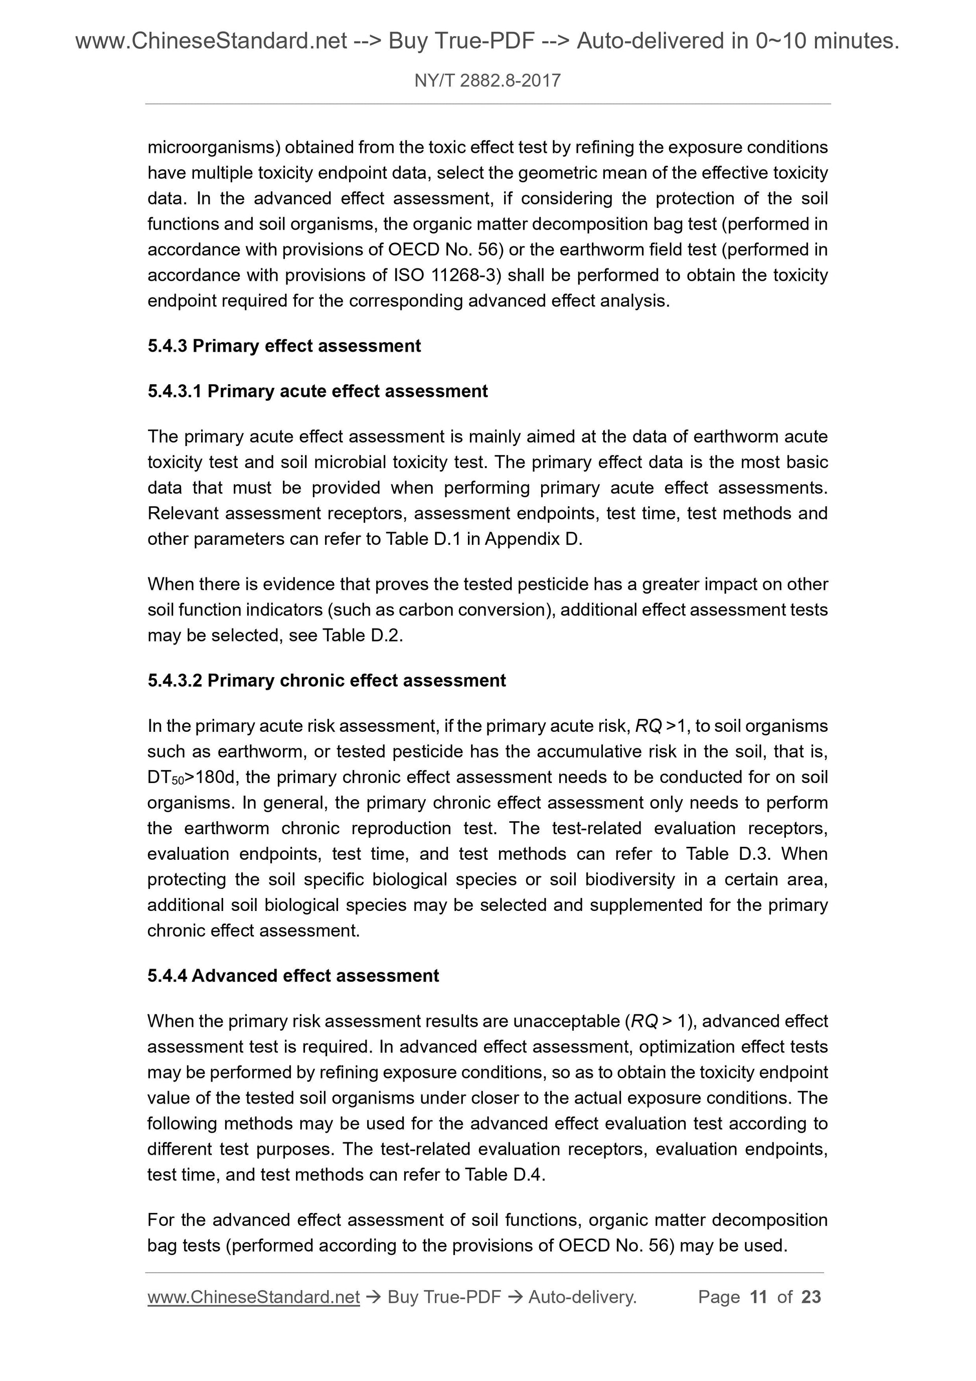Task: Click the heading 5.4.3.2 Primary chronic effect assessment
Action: pos(327,680)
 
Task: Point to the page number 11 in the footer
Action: pos(758,1296)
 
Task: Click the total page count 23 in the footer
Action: pos(810,1296)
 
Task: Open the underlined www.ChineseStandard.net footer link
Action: pos(253,1297)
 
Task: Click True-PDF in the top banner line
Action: pos(461,41)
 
